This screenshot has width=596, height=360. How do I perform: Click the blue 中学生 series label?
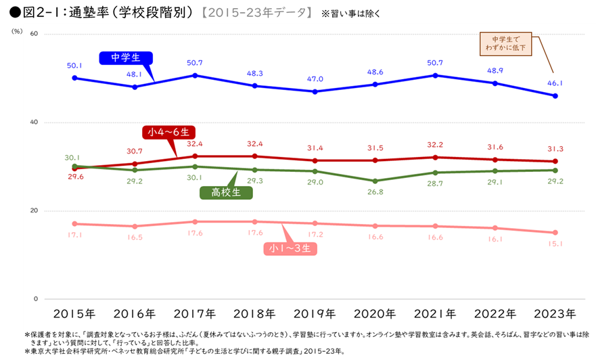(x=125, y=58)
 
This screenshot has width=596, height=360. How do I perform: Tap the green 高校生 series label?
(x=226, y=192)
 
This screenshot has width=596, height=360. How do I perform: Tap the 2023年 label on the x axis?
(x=555, y=314)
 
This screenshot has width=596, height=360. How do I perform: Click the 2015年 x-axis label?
(x=74, y=314)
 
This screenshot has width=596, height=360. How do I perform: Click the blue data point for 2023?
(x=555, y=96)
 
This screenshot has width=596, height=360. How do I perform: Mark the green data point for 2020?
(x=375, y=181)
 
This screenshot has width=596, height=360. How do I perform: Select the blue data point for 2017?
(x=195, y=75)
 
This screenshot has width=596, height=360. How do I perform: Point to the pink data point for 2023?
(x=555, y=233)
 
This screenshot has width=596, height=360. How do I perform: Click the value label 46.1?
(x=555, y=83)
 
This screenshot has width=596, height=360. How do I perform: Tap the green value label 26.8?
(x=375, y=193)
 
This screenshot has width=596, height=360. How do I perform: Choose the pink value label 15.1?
(x=555, y=245)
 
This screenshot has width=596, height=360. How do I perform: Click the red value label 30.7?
(x=135, y=151)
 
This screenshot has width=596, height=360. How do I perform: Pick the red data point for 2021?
(x=435, y=157)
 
